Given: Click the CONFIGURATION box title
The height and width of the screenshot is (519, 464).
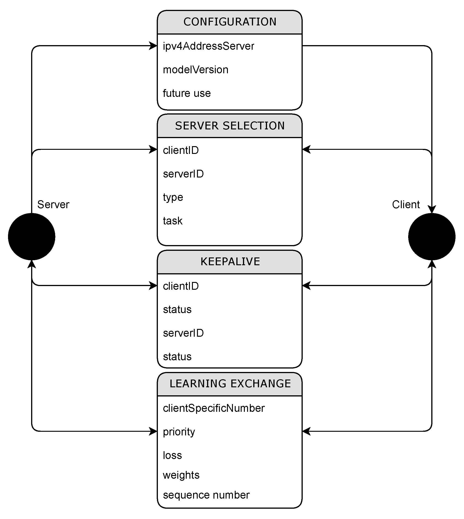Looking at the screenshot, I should point(230,22).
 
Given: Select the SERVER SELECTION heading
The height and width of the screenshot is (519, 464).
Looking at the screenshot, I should point(230,126).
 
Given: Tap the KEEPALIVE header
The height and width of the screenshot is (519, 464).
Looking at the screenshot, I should point(230,262).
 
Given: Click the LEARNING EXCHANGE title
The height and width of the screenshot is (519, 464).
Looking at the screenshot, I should point(230,383).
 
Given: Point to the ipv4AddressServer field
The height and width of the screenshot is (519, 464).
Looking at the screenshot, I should point(208,46).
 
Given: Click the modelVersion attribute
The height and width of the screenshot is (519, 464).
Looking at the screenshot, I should point(196,70).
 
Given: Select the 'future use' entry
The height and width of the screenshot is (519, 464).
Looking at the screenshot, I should point(187,93).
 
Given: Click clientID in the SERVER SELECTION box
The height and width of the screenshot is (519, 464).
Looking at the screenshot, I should point(181,150).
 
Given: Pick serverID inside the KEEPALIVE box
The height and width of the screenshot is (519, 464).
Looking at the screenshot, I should point(183,333).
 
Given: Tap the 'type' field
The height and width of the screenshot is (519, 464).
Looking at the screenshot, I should point(173,197).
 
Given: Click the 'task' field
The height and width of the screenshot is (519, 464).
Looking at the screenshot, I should point(173,221).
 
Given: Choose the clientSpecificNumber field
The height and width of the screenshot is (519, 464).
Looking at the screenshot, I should point(214,408).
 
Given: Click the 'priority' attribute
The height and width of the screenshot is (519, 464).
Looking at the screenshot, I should point(179,432).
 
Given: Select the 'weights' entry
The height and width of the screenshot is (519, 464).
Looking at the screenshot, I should point(181,475).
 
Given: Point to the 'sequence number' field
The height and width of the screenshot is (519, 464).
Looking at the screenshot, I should point(206,495).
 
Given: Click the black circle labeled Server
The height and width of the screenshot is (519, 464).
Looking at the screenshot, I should point(32,237).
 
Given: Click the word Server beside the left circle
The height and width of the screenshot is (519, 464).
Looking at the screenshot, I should point(53,204).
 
